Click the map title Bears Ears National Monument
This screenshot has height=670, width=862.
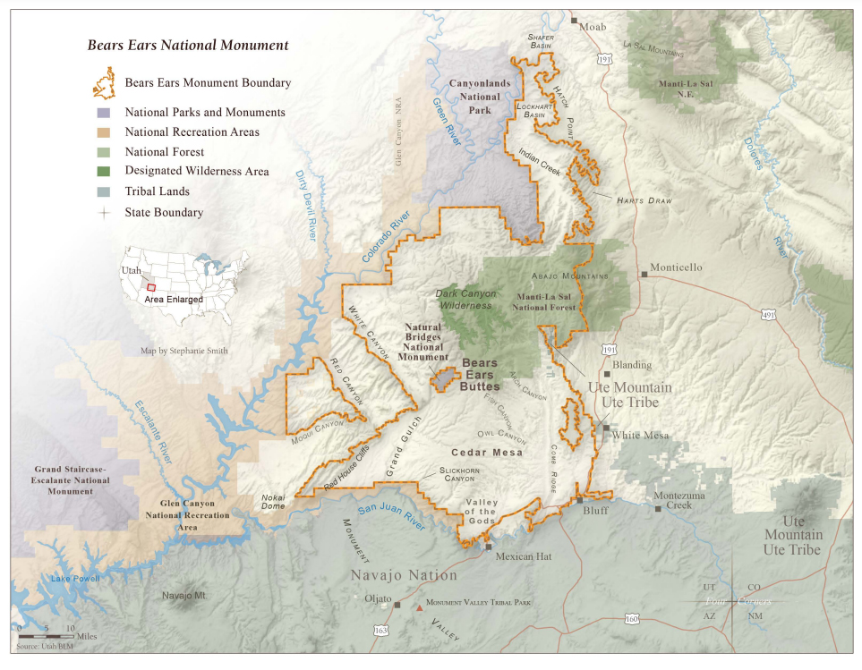pyautogui.click(x=187, y=45)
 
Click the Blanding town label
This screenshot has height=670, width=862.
pyautogui.click(x=633, y=365)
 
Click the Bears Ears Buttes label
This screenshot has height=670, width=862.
pyautogui.click(x=481, y=375)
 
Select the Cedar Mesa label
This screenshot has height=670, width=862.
pyautogui.click(x=486, y=453)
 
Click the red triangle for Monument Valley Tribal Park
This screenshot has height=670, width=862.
pyautogui.click(x=419, y=607)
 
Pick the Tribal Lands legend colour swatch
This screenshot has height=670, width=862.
pyautogui.click(x=106, y=191)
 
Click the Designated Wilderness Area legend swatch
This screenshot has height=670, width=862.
pyautogui.click(x=106, y=172)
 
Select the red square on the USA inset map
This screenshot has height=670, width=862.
pyautogui.click(x=151, y=287)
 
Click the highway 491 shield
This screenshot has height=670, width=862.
pyautogui.click(x=769, y=315)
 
